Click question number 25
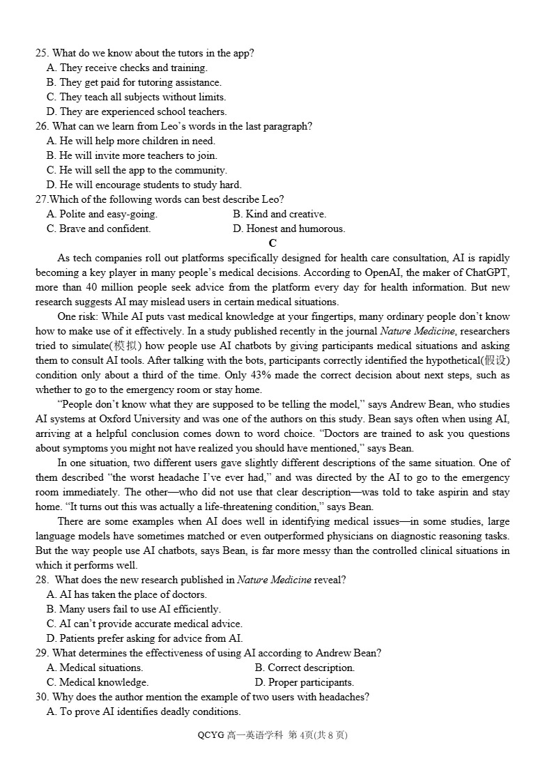pos(42,53)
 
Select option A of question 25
pos(127,68)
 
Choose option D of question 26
pos(144,185)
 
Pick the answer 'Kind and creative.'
pos(279,214)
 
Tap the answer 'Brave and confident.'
pos(98,229)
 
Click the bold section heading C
pos(272,243)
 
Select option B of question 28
pos(134,609)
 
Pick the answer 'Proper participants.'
pos(305,682)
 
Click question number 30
pos(42,697)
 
